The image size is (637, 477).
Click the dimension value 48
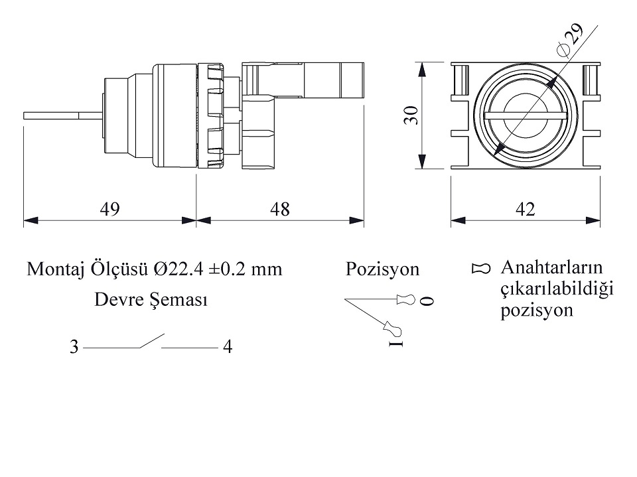pos(280,210)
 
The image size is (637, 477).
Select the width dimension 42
pos(525,210)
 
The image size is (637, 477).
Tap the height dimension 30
pos(412,115)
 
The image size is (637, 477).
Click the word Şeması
pos(180,301)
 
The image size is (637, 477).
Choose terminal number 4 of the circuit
pos(228,347)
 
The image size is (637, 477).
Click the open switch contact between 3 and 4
pos(151,342)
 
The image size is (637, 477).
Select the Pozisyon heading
pos(382,269)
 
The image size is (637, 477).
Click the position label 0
pos(428,301)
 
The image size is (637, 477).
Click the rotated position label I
pos(397,344)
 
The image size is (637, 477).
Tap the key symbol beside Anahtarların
pos(481,269)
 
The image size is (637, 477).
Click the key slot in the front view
pos(525,115)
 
